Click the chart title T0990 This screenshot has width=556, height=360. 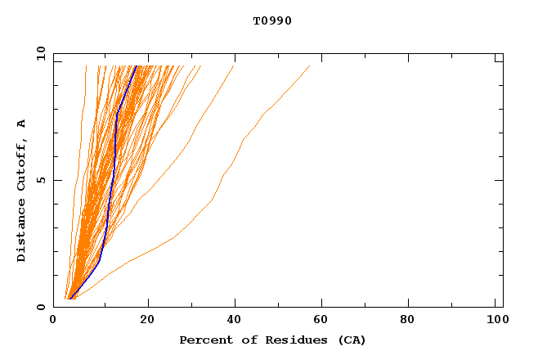point(272,21)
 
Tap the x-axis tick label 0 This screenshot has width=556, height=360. point(53,320)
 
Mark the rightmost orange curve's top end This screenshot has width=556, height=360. point(310,66)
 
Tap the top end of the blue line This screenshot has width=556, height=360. point(137,66)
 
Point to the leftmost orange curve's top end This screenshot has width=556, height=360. point(86,66)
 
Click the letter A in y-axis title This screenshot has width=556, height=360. point(22,124)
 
